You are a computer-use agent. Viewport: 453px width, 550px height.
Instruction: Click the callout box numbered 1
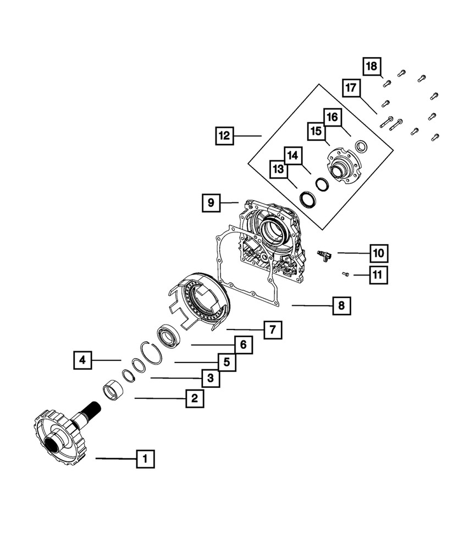pyautogui.click(x=145, y=459)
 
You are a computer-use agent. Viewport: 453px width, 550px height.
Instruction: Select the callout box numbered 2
pyautogui.click(x=194, y=398)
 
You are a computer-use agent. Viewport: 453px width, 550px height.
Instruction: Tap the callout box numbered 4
pyautogui.click(x=82, y=360)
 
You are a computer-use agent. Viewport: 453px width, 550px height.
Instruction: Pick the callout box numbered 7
pyautogui.click(x=272, y=331)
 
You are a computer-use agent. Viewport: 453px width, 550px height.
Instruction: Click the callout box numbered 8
pyautogui.click(x=341, y=306)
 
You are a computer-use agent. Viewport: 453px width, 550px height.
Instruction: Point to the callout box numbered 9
pyautogui.click(x=211, y=203)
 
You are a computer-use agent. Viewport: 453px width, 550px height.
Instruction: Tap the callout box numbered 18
pyautogui.click(x=372, y=67)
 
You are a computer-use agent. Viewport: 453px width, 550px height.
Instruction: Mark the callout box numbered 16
pyautogui.click(x=332, y=118)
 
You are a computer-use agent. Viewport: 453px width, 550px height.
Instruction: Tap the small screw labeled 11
pyautogui.click(x=346, y=273)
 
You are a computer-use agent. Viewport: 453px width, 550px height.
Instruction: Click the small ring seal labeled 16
pyautogui.click(x=361, y=147)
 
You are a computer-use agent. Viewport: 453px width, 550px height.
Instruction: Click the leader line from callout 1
pyautogui.click(x=115, y=458)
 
